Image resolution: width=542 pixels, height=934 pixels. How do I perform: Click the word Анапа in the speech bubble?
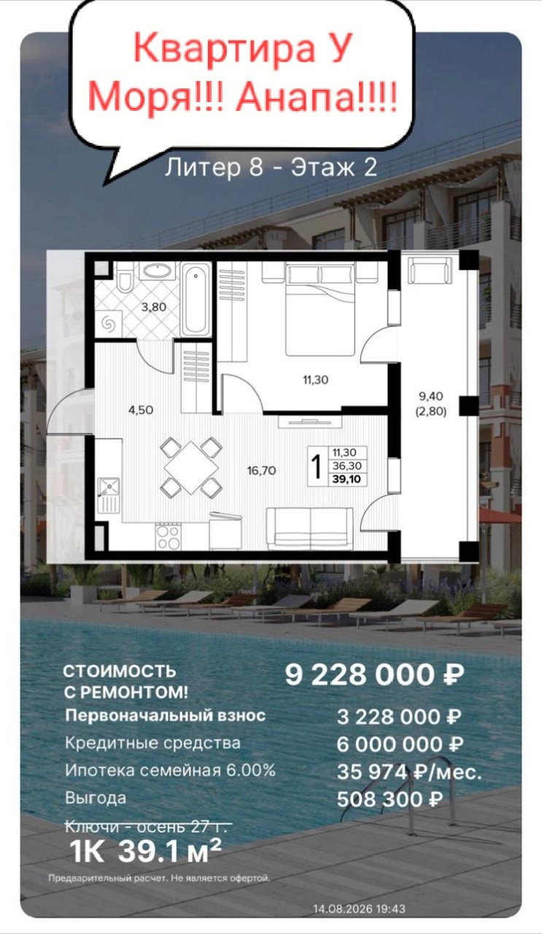click(x=316, y=97)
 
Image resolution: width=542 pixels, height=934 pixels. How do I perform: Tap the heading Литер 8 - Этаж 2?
click(x=271, y=167)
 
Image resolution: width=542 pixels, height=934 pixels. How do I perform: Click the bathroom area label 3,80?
click(x=153, y=307)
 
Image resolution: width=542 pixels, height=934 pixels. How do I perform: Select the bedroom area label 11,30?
click(x=316, y=380)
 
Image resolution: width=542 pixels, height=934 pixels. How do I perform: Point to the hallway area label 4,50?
click(x=141, y=410)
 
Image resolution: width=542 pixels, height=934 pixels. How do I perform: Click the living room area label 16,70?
click(x=261, y=471)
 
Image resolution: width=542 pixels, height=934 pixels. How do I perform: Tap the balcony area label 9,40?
click(x=431, y=396)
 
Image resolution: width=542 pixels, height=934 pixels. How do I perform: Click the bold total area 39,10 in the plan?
click(x=347, y=479)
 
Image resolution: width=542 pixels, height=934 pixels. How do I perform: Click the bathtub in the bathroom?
click(x=195, y=300)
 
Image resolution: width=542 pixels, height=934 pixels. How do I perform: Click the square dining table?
click(x=191, y=468)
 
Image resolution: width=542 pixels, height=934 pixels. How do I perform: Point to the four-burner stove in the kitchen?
click(x=169, y=536)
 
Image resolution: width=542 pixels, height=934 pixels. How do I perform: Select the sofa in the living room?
click(x=310, y=528)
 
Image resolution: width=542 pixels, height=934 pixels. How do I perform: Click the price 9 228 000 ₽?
click(x=374, y=675)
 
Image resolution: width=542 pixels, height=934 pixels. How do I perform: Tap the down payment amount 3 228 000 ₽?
click(x=399, y=717)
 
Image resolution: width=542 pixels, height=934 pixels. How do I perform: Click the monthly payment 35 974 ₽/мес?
click(x=409, y=772)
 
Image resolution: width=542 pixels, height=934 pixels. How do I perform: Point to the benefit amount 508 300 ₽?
click(x=390, y=799)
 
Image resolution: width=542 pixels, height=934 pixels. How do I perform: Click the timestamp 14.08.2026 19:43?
click(x=360, y=908)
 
